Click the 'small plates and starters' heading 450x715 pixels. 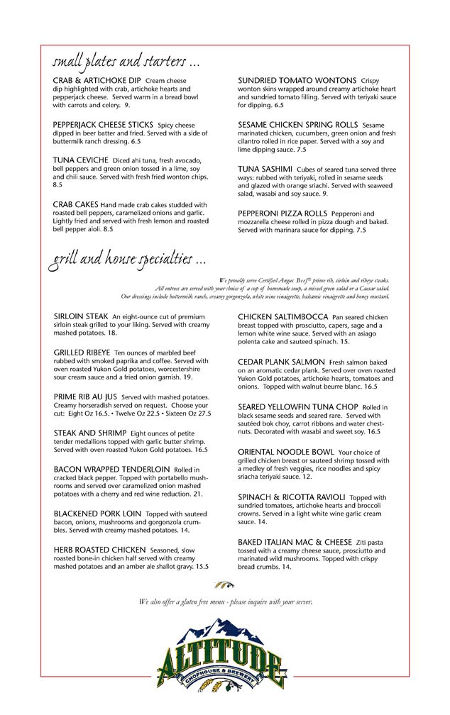click(124, 56)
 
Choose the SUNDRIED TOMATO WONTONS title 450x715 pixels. click(297, 81)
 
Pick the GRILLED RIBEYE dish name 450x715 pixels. click(83, 351)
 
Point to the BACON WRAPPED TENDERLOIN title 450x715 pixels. click(101, 469)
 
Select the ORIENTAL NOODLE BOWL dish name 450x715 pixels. click(285, 451)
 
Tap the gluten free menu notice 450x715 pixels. click(226, 602)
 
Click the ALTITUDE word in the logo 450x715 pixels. click(226, 658)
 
